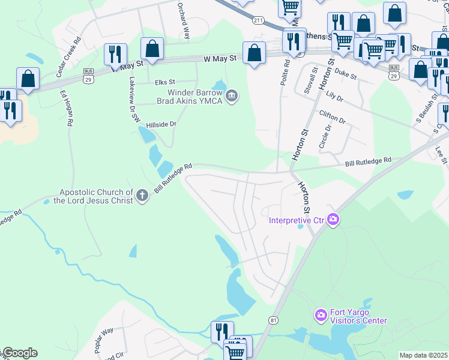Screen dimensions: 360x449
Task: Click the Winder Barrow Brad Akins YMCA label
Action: [x=194, y=97]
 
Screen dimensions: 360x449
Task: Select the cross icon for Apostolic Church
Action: [x=142, y=196]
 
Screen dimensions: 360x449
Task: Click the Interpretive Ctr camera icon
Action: [x=333, y=220]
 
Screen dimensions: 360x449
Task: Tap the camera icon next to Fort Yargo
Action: [x=321, y=314]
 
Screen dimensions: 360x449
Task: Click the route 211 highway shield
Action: [x=258, y=21]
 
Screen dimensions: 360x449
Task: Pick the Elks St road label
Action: [x=164, y=82]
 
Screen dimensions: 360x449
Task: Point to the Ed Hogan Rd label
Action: [x=66, y=107]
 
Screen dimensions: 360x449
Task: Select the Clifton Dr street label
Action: [x=333, y=117]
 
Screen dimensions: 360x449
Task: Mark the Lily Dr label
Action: [x=333, y=96]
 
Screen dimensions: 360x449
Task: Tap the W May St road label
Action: [x=224, y=58]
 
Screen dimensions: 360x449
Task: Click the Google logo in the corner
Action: [x=19, y=353]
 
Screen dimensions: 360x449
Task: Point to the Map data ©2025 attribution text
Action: [x=423, y=355]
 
